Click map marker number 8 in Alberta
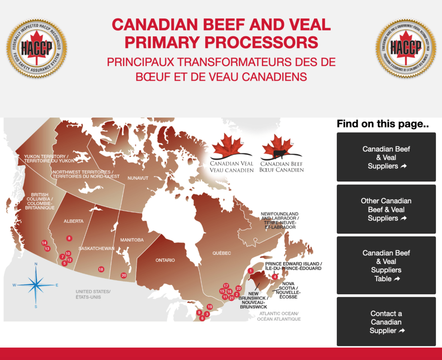69,238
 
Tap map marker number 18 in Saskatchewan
101,269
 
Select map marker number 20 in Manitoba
124,275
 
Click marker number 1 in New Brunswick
250,271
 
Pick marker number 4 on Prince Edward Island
275,277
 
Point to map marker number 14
44,243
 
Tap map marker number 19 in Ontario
209,307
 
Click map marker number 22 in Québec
239,288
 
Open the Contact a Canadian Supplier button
386,322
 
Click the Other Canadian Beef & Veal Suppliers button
386,209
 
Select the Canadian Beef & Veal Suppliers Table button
386,266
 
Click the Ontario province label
165,260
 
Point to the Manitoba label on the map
132,240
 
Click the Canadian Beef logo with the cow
282,153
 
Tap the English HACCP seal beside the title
36,46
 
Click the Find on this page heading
383,124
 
